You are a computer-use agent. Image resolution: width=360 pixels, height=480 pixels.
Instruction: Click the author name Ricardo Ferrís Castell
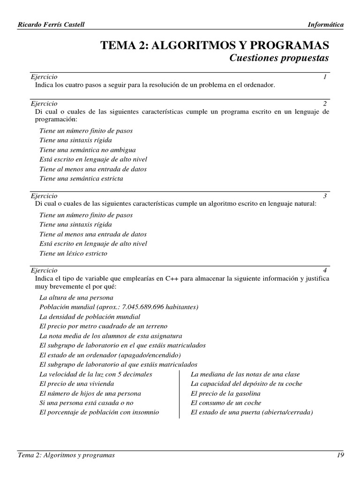click(51, 25)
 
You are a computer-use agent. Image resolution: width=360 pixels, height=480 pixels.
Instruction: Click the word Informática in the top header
click(325, 25)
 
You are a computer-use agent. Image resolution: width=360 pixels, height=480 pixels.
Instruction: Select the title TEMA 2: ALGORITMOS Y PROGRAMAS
click(215, 45)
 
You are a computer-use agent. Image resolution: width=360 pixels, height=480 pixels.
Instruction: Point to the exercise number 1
click(324, 76)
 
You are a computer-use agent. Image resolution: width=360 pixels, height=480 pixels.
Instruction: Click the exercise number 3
click(324, 195)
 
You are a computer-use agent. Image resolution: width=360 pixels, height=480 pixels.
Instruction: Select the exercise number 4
click(324, 270)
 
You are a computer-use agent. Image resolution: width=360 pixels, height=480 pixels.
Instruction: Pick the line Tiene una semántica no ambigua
click(88, 150)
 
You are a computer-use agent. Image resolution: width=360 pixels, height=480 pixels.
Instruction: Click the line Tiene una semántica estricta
click(82, 179)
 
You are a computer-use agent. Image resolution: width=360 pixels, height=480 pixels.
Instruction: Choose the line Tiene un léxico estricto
click(74, 254)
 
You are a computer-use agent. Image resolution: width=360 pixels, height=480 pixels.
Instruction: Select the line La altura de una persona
click(76, 298)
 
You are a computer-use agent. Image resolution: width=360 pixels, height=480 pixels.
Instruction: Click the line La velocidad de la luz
click(96, 374)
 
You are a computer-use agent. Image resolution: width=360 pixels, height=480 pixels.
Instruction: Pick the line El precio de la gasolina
click(225, 393)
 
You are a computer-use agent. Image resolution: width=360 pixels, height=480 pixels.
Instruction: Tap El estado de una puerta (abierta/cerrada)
click(252, 412)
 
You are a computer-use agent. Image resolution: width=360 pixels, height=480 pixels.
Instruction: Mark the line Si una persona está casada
click(87, 403)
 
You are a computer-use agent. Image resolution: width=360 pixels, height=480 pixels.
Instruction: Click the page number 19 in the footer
click(340, 455)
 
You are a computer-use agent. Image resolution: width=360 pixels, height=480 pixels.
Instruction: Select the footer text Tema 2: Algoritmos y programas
click(66, 455)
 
